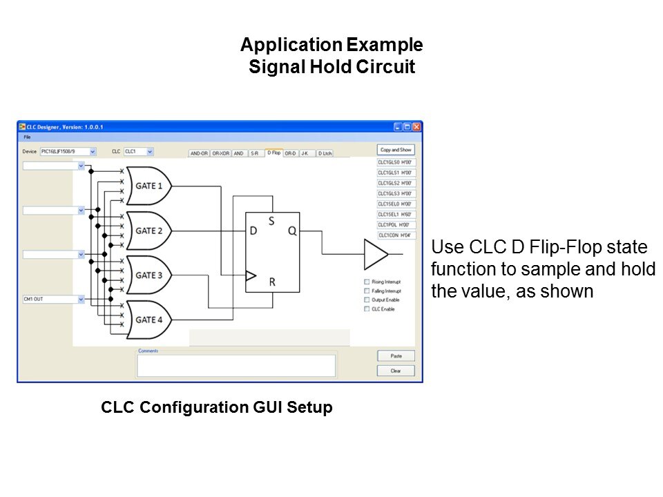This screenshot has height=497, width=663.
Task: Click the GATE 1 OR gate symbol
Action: coord(146,186)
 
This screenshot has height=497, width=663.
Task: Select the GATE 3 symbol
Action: coord(146,275)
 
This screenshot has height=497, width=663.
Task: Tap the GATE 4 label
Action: coord(149,320)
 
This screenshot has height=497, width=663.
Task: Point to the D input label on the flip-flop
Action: coord(253,231)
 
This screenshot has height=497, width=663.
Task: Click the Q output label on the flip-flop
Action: coord(292,231)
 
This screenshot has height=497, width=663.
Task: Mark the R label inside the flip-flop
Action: coord(273,282)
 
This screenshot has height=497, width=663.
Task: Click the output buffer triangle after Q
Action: coord(375,254)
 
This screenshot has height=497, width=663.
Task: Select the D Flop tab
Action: coord(274,153)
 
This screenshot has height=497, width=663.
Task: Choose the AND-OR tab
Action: coord(199,153)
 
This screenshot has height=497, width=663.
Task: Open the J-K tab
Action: coord(305,153)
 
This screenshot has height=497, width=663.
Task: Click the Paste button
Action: coord(396,356)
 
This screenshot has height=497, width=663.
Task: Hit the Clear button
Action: coord(396,371)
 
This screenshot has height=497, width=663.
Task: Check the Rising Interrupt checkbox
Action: coord(367,282)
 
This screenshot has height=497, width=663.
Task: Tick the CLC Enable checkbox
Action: coord(367,309)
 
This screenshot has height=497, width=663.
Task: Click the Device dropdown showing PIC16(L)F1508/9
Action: coord(68,150)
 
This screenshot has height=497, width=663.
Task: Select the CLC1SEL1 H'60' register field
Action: coord(395,215)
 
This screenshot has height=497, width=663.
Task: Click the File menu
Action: coord(28,137)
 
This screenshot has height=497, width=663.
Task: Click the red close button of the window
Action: coord(416,127)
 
